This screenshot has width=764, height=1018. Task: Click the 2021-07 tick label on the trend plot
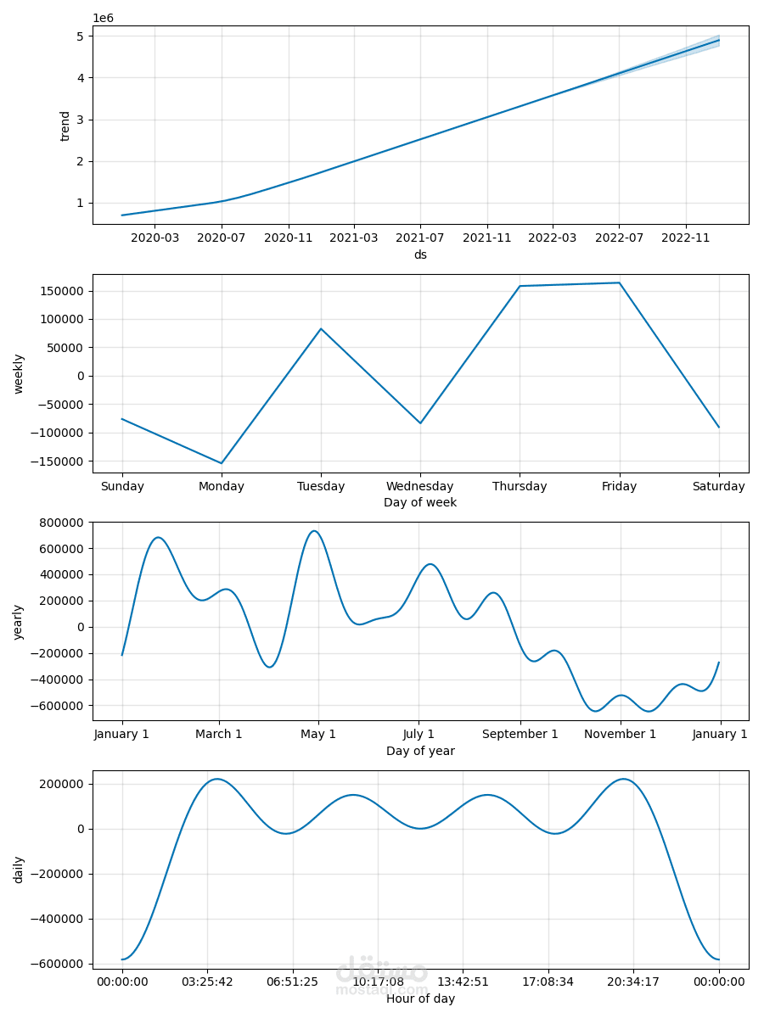click(x=420, y=238)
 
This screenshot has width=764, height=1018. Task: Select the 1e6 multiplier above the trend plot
click(x=103, y=18)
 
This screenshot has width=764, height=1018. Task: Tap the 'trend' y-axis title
click(x=65, y=126)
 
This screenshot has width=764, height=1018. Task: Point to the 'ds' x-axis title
click(x=420, y=255)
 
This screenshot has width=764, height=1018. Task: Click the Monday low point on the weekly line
click(x=222, y=463)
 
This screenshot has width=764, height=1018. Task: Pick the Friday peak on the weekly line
click(x=619, y=282)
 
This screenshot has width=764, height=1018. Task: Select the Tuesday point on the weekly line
click(x=321, y=328)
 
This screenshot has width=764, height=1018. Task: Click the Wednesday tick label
click(x=420, y=486)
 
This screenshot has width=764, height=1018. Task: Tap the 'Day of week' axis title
click(x=420, y=502)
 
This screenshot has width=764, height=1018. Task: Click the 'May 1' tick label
click(x=318, y=734)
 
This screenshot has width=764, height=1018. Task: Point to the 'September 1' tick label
click(x=520, y=734)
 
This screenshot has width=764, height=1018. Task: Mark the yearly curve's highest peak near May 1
click(x=314, y=531)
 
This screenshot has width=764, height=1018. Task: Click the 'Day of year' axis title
click(x=420, y=751)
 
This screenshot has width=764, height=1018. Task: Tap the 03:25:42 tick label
click(x=207, y=982)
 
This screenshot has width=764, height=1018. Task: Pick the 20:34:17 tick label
click(x=633, y=982)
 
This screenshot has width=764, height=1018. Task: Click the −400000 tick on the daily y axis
click(x=59, y=919)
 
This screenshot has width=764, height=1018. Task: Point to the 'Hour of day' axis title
click(x=420, y=998)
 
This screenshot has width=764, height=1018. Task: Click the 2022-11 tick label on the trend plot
click(x=685, y=238)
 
